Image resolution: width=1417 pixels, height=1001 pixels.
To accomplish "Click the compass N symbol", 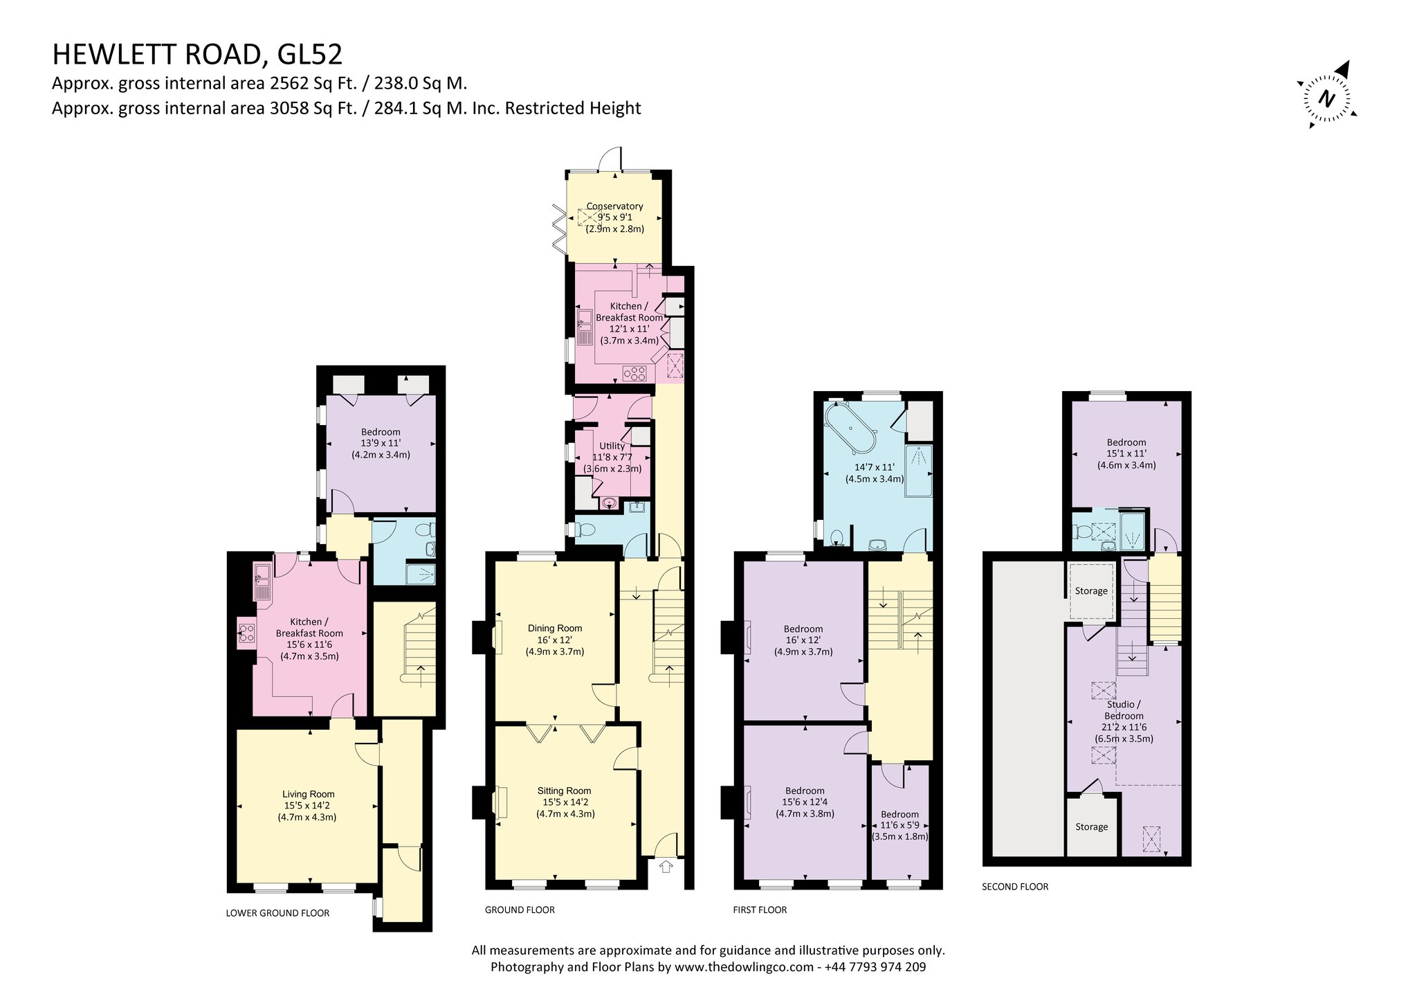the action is click(1326, 98).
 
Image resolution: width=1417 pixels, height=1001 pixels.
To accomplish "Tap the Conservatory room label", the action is click(614, 206).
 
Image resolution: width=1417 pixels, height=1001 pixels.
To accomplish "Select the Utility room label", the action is click(612, 447).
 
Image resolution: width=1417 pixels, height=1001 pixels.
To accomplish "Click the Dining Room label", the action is click(555, 629).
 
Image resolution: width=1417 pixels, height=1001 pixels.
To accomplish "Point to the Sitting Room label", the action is click(564, 791).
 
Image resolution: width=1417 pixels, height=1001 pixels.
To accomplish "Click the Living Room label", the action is click(309, 795).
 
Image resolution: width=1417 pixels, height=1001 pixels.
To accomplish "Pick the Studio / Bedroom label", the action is click(1124, 710).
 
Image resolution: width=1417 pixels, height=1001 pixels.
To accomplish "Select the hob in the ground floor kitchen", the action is click(634, 374).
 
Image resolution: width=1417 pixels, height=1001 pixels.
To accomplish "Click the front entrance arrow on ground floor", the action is click(666, 866).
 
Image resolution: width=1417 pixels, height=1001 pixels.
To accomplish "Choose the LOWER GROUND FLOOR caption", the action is click(277, 913).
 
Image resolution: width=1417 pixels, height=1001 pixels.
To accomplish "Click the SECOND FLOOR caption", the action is click(1015, 886).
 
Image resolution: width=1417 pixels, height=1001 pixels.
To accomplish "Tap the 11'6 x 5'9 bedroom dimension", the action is click(899, 825).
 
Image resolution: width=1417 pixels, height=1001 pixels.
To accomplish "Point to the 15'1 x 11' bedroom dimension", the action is click(1126, 454).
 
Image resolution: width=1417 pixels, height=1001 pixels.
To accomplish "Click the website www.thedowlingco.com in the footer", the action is click(744, 967).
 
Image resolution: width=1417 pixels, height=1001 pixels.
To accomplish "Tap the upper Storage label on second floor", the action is click(1091, 591).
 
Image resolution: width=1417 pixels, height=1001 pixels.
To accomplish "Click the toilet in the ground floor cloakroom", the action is click(587, 531).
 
